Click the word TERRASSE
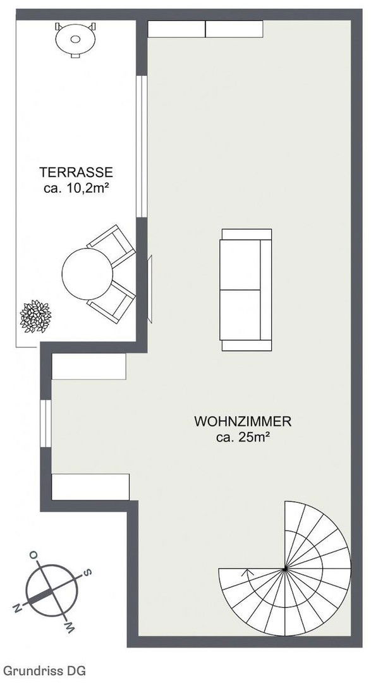pos(76,172)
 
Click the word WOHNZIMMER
pos(243,422)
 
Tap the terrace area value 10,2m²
pos(85,188)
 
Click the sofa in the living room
pos(246,290)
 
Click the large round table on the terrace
pos(87,274)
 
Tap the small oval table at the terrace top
pos(75,39)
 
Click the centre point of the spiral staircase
pos(284,569)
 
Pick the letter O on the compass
pos(33,555)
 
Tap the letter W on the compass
pos(70,626)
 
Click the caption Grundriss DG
pos(44,670)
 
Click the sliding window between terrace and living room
pos(142,147)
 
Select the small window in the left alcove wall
pos(46,423)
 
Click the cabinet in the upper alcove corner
pos(89,366)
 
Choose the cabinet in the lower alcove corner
pos(90,487)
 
